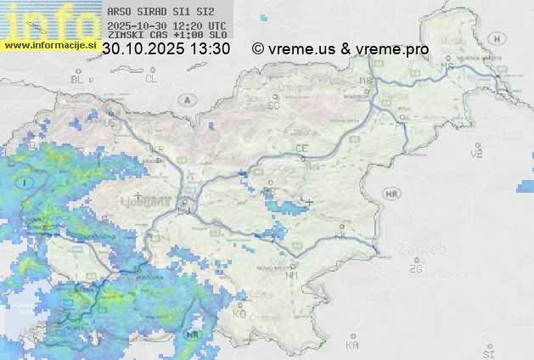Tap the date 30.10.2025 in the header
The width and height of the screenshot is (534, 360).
coord(138,49)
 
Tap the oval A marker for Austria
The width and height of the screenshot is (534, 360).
coord(185,99)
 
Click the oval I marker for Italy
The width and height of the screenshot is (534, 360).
coord(26,182)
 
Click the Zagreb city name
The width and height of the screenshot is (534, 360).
coord(426,250)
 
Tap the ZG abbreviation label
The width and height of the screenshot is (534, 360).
coord(415,269)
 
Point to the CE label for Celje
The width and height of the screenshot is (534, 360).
coord(301,149)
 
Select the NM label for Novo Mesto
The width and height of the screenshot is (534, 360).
coord(293,275)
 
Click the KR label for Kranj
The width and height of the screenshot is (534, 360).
coord(156,149)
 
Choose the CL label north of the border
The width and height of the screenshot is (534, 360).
coord(151,79)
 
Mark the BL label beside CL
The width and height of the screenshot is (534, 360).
coord(77,79)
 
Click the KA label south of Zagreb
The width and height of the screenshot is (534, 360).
coord(352,346)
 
